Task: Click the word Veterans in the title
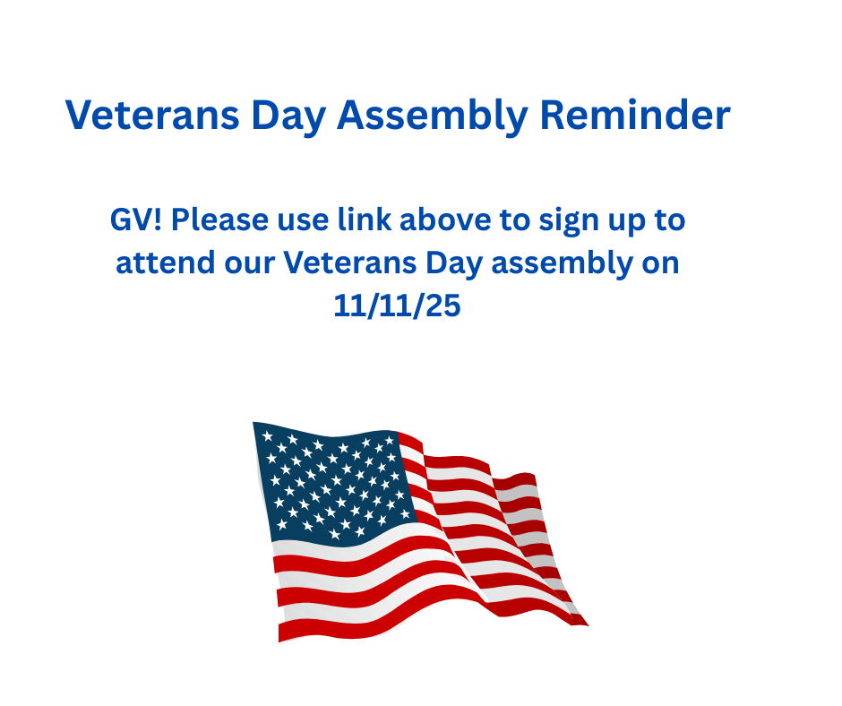pos(152,115)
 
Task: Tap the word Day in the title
pos(288,116)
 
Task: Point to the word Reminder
pos(635,115)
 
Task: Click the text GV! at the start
pos(136,220)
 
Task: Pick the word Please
pos(219,220)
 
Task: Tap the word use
pos(303,221)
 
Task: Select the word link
pos(364,220)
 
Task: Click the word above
pos(445,220)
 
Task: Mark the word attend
pos(166,263)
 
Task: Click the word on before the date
pos(661,264)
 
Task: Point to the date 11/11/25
pos(398,306)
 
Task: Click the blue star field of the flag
pos(336,484)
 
